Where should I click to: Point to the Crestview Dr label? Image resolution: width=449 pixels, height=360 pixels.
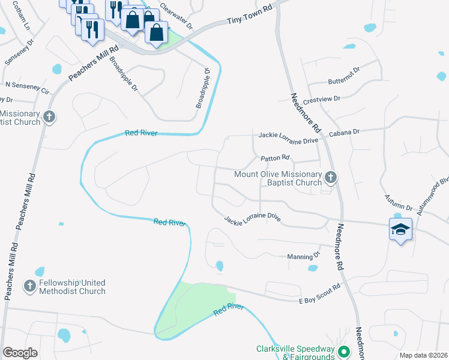[322, 98]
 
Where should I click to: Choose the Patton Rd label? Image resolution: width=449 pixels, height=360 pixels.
[275, 158]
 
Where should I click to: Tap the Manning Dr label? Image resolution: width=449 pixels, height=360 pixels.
[304, 255]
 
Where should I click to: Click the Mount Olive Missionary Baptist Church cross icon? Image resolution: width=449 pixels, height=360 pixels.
[330, 177]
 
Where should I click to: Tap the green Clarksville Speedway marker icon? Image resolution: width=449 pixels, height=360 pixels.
[343, 352]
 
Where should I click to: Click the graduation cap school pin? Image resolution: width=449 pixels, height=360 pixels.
[400, 229]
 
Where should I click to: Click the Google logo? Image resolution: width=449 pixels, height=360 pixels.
[20, 353]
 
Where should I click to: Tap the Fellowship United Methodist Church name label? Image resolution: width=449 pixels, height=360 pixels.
[71, 287]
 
